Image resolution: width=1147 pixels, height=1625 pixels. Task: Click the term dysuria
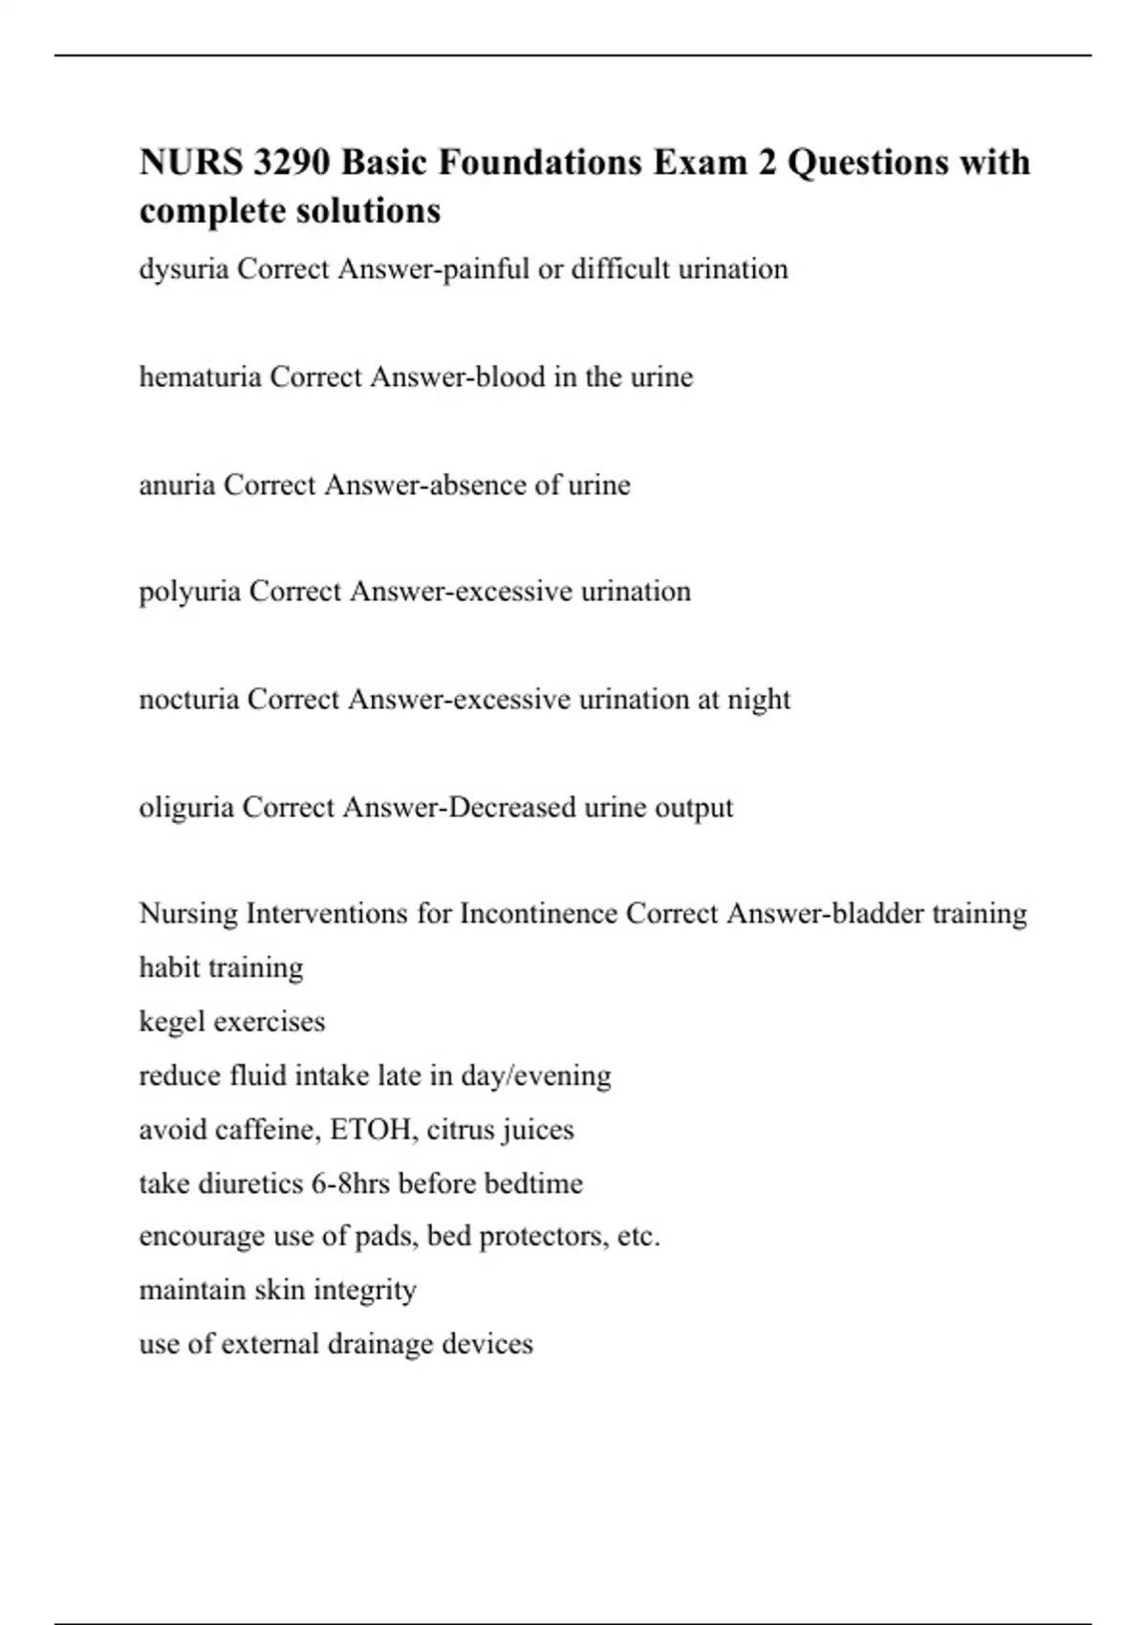coord(184,271)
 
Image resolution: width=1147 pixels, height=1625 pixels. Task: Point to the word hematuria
coord(200,378)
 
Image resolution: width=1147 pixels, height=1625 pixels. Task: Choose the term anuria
coord(177,486)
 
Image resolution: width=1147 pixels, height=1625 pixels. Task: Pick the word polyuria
coord(189,593)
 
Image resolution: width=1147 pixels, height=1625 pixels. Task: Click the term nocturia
coord(188,700)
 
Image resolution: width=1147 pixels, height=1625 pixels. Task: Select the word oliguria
coord(186,809)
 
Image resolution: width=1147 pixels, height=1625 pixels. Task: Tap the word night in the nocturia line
coord(759,700)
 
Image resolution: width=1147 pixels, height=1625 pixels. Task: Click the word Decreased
coord(512,808)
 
